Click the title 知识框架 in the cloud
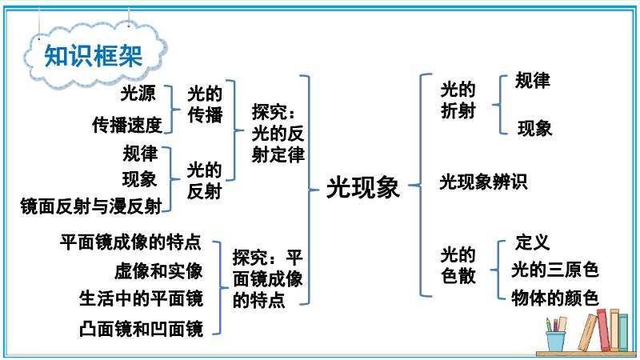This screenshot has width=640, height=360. tap(93, 55)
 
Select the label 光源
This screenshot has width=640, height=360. tap(138, 94)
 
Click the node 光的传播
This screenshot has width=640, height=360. tap(205, 105)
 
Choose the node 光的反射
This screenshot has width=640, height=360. tap(205, 180)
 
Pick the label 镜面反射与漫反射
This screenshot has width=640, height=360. tap(91, 206)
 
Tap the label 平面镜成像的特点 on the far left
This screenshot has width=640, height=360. tap(130, 242)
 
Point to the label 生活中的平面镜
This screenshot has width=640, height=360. tap(141, 298)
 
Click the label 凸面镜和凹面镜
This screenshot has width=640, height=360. tap(141, 328)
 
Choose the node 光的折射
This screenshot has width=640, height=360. tap(458, 101)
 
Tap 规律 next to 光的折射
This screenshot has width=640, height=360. tap(533, 81)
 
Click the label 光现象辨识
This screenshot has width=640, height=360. tap(483, 182)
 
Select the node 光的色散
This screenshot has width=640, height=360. tap(458, 266)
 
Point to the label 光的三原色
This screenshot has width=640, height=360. tap(554, 270)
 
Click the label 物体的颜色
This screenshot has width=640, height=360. tap(554, 298)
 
